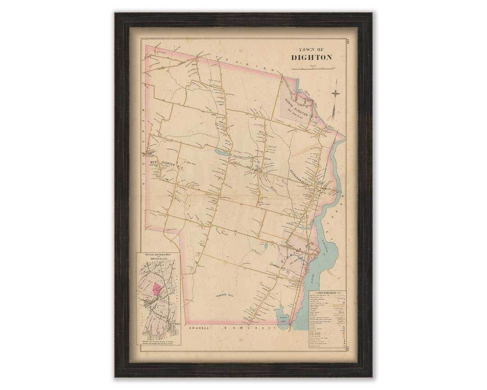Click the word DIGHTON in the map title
(x=311, y=57)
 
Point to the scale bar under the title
(x=312, y=69)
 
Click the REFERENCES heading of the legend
(x=327, y=292)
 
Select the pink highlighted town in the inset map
(x=156, y=288)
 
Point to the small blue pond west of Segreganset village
(x=222, y=153)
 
